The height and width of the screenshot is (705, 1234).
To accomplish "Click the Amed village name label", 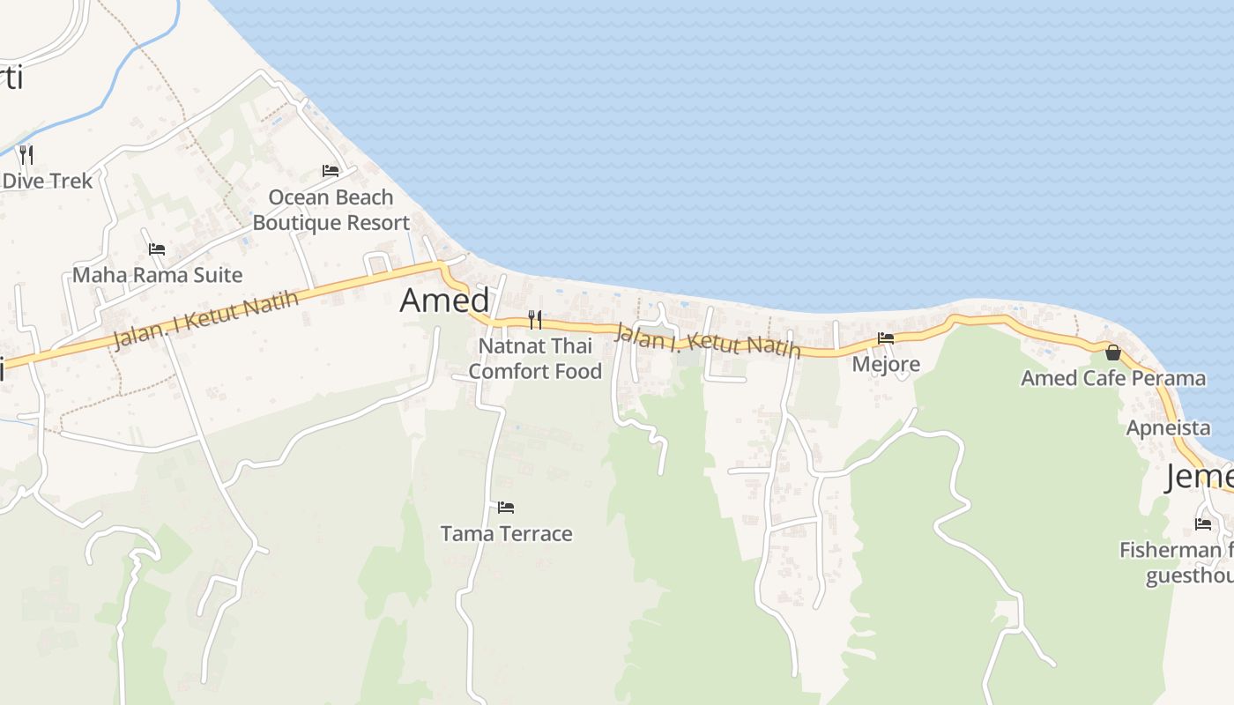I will coord(444,301).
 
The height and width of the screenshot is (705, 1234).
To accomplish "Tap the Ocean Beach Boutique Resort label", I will coord(331,210).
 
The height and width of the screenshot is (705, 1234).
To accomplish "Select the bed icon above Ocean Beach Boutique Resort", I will coord(331,170).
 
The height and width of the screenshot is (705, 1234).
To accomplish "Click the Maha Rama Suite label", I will coord(157,275).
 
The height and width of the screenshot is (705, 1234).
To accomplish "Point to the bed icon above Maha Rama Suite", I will coord(157,249).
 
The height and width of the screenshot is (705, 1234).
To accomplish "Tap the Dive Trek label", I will coord(48,181).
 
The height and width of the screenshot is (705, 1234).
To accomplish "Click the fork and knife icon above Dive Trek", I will coord(26,155).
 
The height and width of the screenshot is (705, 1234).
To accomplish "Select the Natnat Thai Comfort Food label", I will coord(535,359).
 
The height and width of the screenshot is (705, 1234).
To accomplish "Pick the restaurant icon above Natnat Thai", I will coord(535,319).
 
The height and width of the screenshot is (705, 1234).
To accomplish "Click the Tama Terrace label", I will coord(506,533).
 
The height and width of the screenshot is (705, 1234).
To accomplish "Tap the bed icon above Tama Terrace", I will coord(506,507).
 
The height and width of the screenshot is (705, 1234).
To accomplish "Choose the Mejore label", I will coord(886,364).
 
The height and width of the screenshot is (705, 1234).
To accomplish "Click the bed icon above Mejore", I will coord(886,338).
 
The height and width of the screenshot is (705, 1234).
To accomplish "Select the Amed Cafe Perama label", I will coord(1113,378).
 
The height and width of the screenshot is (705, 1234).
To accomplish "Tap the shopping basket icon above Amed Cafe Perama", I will coord(1113,352).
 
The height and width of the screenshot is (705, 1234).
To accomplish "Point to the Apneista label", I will coord(1168,428).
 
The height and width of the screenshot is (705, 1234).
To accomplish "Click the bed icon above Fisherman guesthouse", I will coord(1203,523).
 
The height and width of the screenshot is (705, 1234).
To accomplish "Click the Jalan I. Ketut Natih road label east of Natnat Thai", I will coord(708,340).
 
